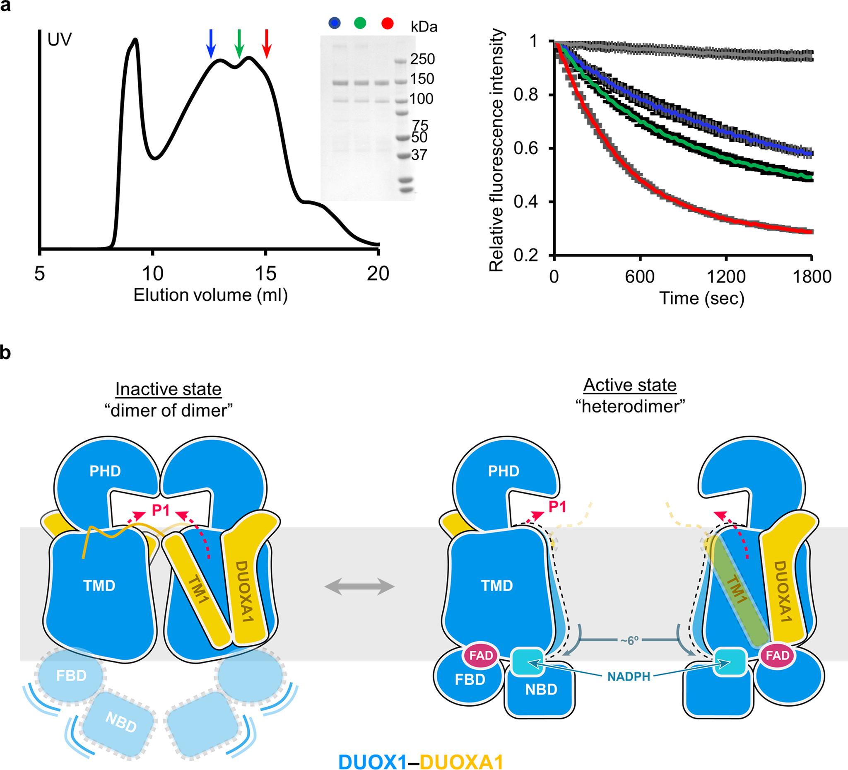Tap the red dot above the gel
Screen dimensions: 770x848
pos(388,24)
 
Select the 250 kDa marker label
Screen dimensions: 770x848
pos(423,59)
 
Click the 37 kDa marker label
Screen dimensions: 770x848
pos(419,155)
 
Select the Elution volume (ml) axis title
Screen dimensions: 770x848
pos(211,295)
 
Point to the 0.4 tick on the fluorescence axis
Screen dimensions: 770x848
pos(526,203)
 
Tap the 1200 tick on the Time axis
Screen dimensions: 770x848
pos(725,277)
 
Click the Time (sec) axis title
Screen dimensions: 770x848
pos(701,298)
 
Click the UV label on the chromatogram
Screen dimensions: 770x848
pos(60,41)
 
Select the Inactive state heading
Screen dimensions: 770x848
pos(168,389)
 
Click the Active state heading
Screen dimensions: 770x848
pos(630,385)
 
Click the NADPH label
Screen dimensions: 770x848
pos(629,677)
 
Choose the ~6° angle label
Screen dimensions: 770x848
pos(629,640)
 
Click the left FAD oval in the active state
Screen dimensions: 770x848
pos(481,656)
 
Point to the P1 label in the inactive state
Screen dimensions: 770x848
pos(161,510)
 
